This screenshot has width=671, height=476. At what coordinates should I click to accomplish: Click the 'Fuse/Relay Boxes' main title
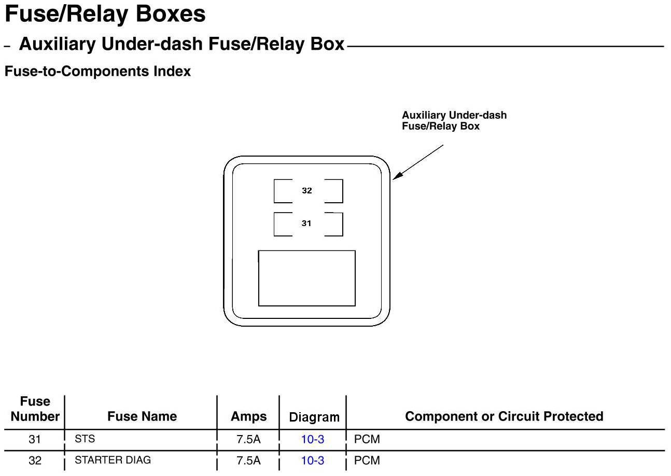[105, 14]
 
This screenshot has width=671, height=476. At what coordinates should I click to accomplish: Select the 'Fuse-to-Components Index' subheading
[97, 72]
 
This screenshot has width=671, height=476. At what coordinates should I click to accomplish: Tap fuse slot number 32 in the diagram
[307, 191]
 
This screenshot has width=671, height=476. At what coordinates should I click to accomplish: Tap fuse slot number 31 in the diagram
[307, 223]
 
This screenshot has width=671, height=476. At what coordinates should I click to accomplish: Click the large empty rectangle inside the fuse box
[306, 278]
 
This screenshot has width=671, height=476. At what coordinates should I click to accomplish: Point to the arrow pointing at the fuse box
[418, 162]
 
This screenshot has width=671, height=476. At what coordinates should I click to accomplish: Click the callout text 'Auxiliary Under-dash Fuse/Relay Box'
[454, 121]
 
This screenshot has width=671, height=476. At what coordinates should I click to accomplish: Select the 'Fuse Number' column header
[35, 409]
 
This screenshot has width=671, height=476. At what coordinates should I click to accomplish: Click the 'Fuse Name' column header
[142, 416]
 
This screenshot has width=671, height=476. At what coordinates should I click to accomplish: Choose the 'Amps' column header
[248, 416]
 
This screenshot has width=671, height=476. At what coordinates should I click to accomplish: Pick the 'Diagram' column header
[314, 417]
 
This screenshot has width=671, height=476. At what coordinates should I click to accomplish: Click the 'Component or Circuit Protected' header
[504, 416]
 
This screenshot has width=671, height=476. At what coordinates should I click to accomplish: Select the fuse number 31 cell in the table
[35, 440]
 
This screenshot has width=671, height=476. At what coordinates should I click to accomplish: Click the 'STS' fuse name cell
[85, 439]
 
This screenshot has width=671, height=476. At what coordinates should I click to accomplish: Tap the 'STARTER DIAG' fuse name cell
[113, 460]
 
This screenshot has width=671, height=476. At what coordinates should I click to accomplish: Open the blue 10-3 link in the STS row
[313, 440]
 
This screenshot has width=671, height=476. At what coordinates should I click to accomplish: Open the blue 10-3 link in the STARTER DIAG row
[313, 460]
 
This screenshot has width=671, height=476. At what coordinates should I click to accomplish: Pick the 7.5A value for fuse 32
[248, 460]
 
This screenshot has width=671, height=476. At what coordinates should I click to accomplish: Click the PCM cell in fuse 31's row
[367, 440]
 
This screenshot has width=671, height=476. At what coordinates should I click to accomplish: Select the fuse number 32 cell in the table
[35, 460]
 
